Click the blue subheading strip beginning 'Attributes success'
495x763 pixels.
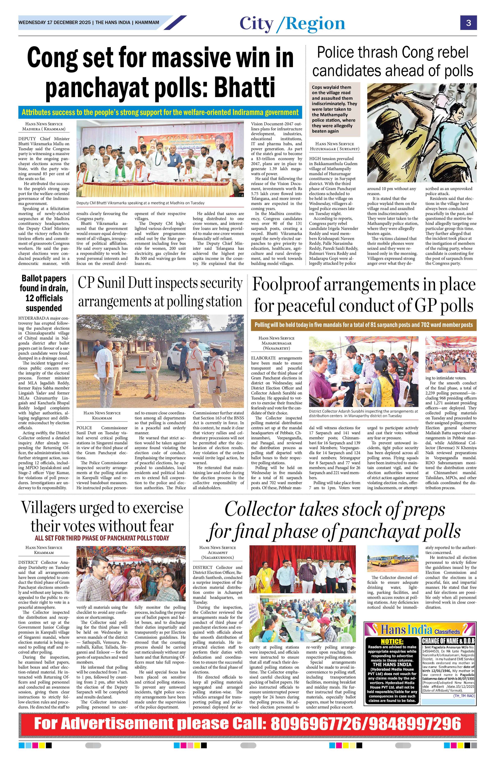160,112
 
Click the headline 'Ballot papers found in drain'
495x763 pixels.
44,293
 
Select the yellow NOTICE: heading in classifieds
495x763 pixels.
392,641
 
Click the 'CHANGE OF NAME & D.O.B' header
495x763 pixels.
448,641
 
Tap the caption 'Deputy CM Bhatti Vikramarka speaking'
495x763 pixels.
140,203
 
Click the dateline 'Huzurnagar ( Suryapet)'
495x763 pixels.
335,149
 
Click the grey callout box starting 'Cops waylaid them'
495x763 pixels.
334,109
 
